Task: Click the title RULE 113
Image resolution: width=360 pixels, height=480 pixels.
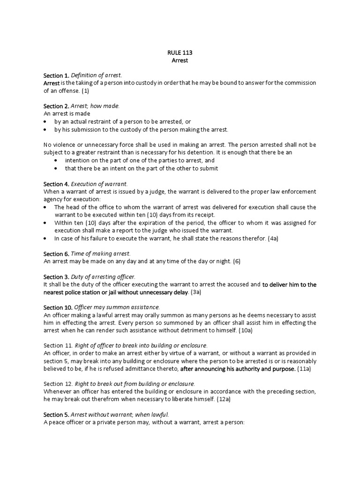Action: point(180,53)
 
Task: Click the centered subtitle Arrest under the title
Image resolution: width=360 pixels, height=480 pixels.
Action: point(180,60)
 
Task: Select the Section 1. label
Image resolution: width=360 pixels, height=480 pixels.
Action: point(56,75)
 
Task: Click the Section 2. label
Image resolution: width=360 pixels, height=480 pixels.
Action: point(56,106)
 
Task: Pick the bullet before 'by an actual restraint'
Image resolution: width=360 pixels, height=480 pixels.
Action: point(45,121)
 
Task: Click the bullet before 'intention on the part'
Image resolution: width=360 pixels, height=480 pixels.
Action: point(56,160)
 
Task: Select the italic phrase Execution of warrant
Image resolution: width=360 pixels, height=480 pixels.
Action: point(99,184)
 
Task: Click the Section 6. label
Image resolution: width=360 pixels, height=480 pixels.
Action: point(56,254)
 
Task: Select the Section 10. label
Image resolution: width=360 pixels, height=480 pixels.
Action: point(58,307)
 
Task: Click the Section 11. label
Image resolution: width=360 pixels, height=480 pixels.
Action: point(58,345)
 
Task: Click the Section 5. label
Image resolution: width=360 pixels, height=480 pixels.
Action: point(56,415)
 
